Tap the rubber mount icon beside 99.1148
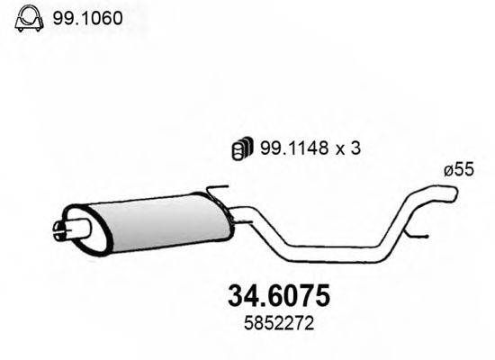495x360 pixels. pyautogui.click(x=242, y=150)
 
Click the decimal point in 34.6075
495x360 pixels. pyautogui.click(x=251, y=301)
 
